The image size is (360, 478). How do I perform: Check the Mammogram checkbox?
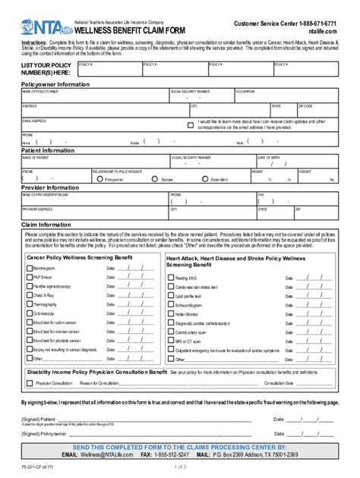click(x=29, y=268)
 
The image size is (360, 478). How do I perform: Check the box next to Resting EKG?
click(x=170, y=278)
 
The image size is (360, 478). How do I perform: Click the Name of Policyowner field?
click(x=91, y=96)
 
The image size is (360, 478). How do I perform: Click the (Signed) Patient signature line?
click(x=152, y=418)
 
